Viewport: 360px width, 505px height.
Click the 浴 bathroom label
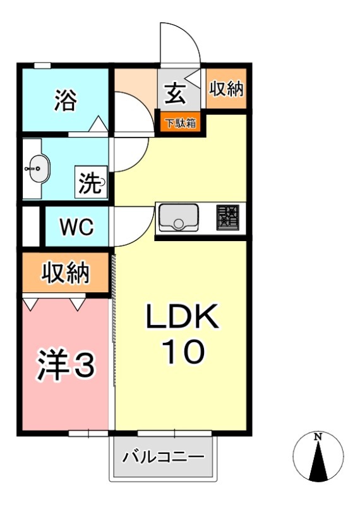click(x=65, y=100)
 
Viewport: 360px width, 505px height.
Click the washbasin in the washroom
click(x=38, y=169)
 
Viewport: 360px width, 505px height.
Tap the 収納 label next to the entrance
click(x=226, y=89)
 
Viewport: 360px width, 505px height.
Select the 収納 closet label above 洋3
click(x=66, y=273)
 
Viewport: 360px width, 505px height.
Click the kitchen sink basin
click(x=178, y=218)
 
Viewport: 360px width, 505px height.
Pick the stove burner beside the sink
click(x=229, y=218)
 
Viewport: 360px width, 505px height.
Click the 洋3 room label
click(x=65, y=365)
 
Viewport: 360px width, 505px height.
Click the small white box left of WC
click(x=30, y=226)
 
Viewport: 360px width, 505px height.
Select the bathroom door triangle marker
click(x=99, y=124)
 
